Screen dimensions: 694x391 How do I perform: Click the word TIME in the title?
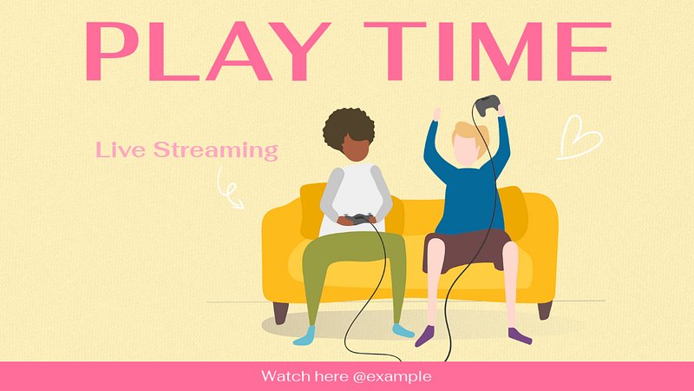[488, 51]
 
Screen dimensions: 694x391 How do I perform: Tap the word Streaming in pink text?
[216, 150]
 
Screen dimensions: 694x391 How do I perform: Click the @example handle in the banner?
[392, 376]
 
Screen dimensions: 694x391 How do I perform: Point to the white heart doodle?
[579, 137]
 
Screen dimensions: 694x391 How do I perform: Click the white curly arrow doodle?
[229, 188]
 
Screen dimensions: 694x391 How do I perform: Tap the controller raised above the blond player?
[488, 105]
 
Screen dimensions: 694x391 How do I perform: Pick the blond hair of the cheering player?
[474, 137]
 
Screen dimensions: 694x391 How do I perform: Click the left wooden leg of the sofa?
[280, 312]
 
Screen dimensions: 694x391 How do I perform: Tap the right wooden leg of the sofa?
[546, 310]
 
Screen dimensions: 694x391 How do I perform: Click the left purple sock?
[425, 336]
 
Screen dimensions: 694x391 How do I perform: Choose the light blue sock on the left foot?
[305, 335]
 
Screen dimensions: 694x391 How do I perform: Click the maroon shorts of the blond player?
[464, 250]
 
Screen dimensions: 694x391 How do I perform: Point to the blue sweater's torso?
[470, 195]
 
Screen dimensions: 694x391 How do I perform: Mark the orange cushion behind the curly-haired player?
[311, 210]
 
